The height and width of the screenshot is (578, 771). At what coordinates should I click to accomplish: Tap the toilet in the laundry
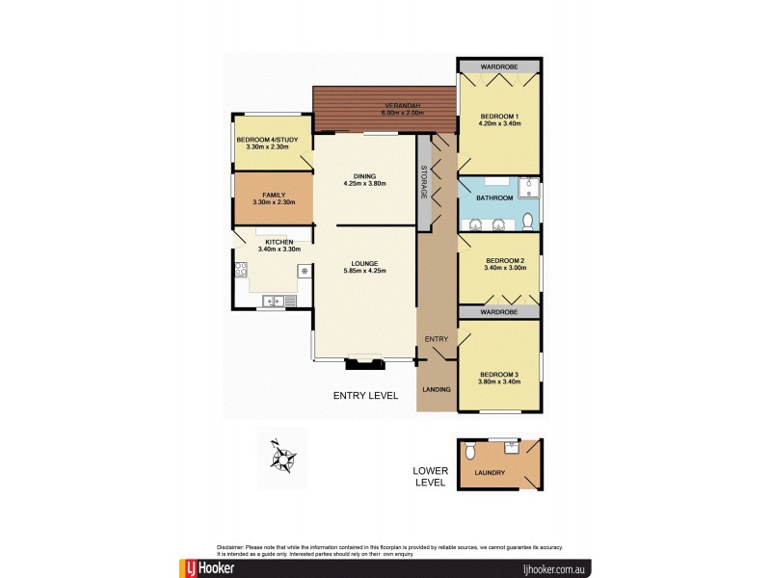tap(469, 451)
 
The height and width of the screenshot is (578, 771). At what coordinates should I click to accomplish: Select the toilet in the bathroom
tap(528, 222)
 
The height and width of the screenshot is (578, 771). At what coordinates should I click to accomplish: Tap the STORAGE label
tap(424, 183)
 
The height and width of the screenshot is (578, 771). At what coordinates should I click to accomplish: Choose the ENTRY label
tap(437, 339)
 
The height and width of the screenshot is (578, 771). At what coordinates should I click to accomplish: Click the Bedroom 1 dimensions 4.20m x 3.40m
tap(500, 123)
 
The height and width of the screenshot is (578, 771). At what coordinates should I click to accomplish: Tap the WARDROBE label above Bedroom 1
tap(499, 66)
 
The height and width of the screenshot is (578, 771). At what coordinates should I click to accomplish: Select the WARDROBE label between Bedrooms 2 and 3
tap(499, 313)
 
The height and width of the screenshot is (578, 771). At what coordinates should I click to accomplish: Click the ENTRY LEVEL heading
tap(365, 395)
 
